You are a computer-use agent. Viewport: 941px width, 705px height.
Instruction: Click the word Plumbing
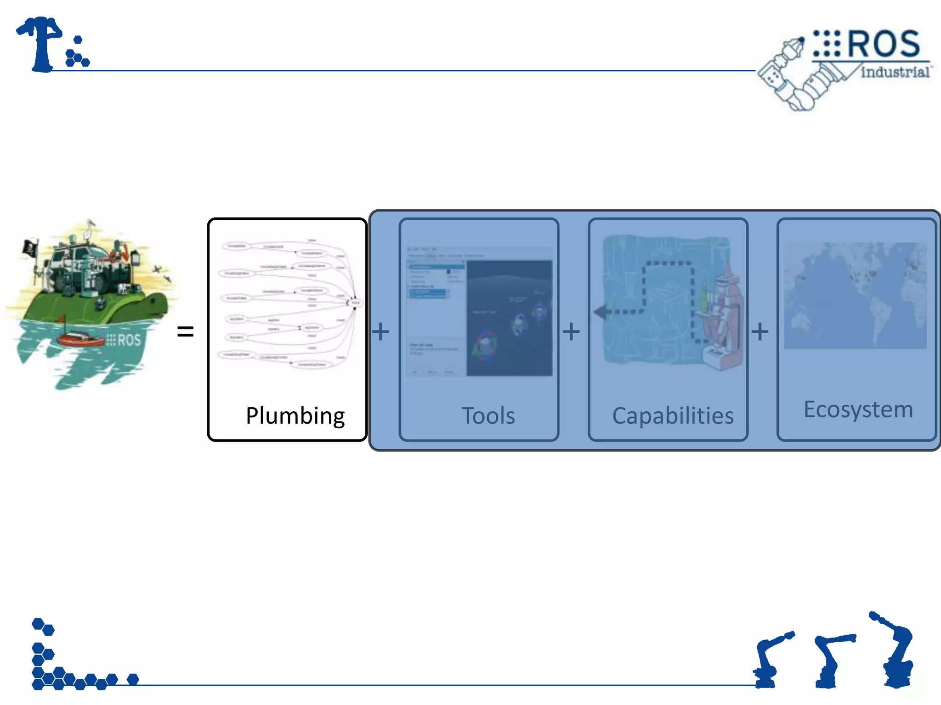tap(295, 416)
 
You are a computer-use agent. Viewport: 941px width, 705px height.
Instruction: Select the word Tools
tap(488, 416)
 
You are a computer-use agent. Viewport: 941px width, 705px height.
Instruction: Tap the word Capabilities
tap(673, 416)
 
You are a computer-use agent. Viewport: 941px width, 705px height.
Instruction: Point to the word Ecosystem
tap(858, 409)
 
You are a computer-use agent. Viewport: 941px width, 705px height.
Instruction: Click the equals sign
tap(185, 331)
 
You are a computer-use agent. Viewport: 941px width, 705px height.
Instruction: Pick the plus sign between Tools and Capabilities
tap(571, 331)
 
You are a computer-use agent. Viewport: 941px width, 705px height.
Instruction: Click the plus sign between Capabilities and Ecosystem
tap(760, 331)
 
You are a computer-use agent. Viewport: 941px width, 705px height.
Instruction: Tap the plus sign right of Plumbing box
tap(380, 331)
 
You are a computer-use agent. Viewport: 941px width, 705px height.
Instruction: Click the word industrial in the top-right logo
tap(894, 72)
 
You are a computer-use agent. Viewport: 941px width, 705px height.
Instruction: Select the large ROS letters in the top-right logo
tap(883, 44)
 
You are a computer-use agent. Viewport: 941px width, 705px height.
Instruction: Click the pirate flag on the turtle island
tap(30, 248)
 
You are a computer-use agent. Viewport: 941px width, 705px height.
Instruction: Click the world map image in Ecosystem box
tap(855, 296)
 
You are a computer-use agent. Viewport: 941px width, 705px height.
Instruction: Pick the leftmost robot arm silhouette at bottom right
tap(770, 661)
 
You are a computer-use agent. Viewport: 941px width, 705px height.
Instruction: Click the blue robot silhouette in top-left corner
tap(44, 44)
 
